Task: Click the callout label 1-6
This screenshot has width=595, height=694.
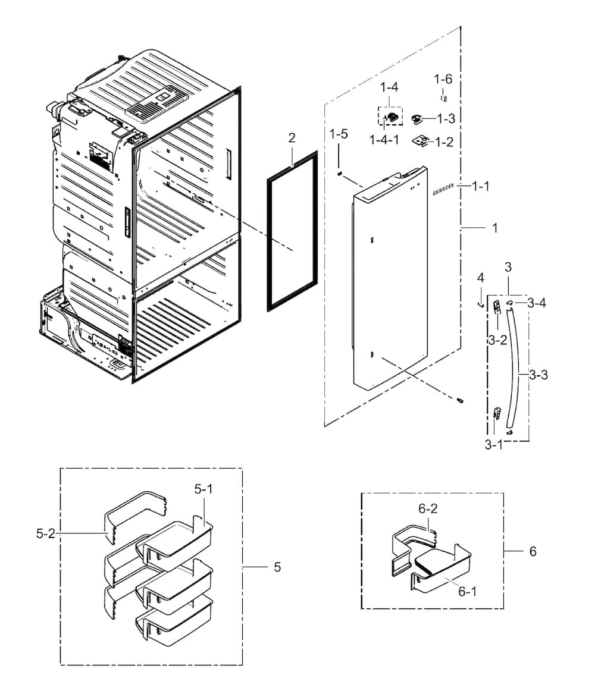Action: (443, 79)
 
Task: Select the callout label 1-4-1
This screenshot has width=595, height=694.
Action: (384, 140)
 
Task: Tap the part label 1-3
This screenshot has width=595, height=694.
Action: (446, 118)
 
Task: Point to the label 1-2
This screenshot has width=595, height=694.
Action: (444, 142)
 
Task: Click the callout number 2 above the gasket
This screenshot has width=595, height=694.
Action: (292, 138)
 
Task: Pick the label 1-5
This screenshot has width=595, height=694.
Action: (339, 134)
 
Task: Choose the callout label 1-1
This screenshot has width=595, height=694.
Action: (480, 186)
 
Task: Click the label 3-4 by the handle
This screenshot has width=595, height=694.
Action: (537, 303)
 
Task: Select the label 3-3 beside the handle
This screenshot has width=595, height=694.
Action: (538, 375)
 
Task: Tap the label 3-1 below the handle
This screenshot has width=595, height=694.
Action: (494, 444)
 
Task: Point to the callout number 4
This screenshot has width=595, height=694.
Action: (480, 278)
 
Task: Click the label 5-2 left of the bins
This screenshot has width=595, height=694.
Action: (46, 534)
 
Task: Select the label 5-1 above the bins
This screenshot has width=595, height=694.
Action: (203, 489)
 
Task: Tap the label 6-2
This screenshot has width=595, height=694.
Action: (428, 509)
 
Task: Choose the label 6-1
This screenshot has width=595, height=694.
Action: (467, 591)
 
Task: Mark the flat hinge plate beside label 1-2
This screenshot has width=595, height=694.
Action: (421, 141)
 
